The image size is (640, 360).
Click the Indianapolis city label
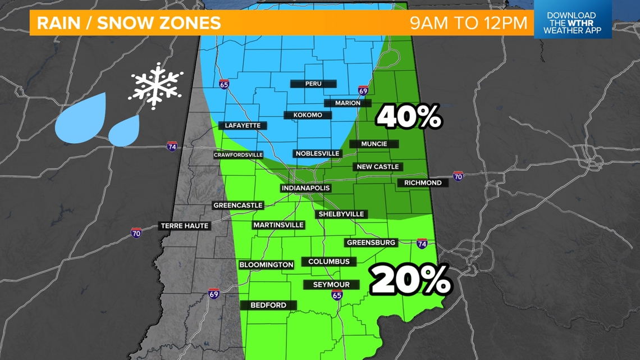(x=305, y=188)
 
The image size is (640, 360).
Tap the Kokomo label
(x=308, y=115)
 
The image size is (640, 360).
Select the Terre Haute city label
(x=185, y=226)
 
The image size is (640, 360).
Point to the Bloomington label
(x=266, y=265)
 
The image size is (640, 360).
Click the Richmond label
(x=423, y=183)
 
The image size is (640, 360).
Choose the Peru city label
(x=313, y=84)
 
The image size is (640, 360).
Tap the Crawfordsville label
(x=238, y=155)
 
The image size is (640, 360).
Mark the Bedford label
(x=268, y=305)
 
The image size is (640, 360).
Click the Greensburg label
(x=371, y=243)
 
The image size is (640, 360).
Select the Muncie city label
(x=374, y=144)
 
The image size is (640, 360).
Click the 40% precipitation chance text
(x=409, y=117)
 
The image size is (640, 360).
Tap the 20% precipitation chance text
(x=410, y=280)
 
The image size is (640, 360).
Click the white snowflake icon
(x=156, y=85)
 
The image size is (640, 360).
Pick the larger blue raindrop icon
(x=81, y=117)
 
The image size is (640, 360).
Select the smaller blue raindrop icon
(x=124, y=131)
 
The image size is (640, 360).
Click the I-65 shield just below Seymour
(x=336, y=295)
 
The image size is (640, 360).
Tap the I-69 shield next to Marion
(x=363, y=90)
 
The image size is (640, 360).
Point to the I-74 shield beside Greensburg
(x=422, y=244)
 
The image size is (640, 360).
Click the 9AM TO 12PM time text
(x=468, y=23)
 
